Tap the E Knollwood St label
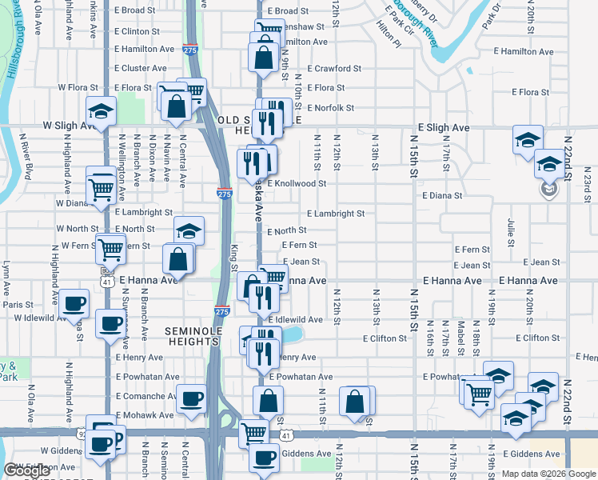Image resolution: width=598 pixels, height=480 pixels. tap(297, 183)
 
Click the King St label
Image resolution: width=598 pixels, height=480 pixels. tap(234, 257)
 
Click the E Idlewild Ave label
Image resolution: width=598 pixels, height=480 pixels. tap(295, 319)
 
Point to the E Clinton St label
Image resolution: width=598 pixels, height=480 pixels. tap(137, 31)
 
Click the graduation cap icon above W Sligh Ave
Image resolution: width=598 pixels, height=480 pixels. tap(101, 111)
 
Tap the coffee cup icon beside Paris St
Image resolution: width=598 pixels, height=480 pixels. tap(74, 303)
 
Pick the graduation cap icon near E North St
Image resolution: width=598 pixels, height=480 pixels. tap(189, 231)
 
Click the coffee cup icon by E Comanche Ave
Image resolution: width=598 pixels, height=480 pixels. tap(190, 399)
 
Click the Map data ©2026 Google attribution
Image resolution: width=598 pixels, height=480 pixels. tap(548, 474)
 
